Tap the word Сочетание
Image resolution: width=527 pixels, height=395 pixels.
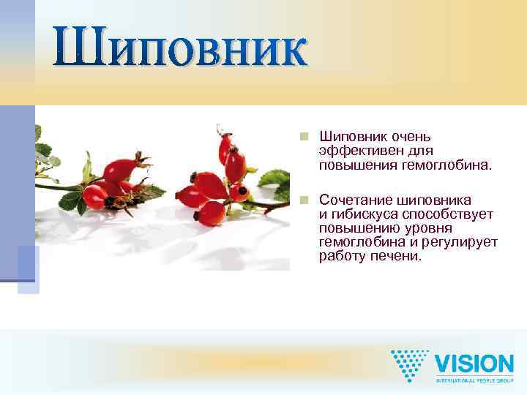[354, 200]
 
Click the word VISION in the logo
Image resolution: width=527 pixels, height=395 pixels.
[474, 364]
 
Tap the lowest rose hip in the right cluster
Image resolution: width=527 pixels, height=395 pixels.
[212, 213]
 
